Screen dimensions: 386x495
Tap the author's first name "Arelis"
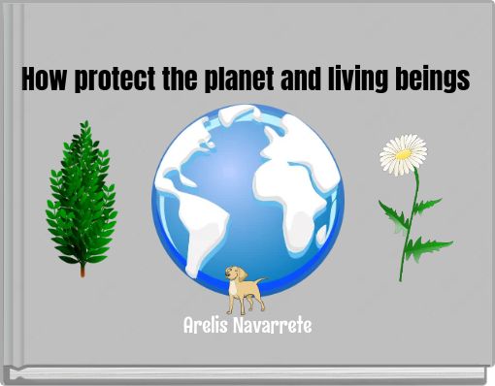(x=208, y=325)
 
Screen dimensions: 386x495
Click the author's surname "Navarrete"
(x=275, y=325)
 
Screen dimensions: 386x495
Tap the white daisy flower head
(x=403, y=154)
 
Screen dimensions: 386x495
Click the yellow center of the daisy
(x=402, y=151)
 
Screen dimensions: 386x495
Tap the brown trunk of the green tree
(x=82, y=269)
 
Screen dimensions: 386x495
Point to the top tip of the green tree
(x=85, y=124)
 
